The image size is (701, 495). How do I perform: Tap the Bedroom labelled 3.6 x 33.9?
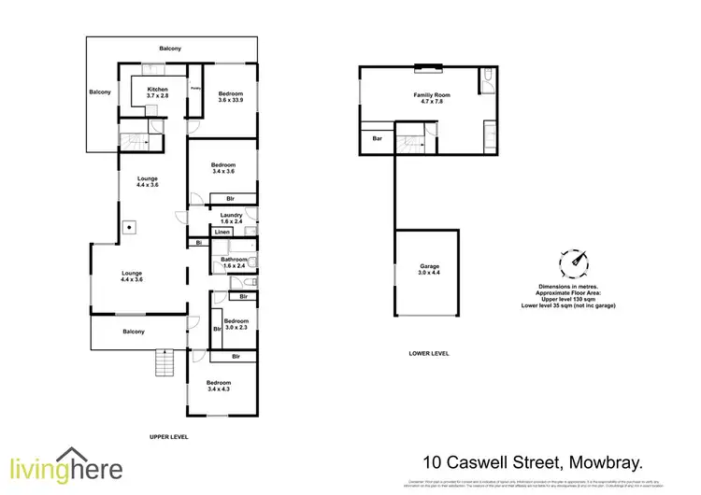pos(232,97)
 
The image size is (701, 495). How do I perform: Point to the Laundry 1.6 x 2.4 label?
pos(231,217)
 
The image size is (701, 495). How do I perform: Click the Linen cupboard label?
pos(222,232)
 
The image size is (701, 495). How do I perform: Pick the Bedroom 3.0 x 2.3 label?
pos(236,324)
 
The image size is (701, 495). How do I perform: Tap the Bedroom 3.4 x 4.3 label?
pos(218,386)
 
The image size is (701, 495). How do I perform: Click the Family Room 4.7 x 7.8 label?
pos(428,99)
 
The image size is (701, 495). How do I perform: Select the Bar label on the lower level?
pos(378,138)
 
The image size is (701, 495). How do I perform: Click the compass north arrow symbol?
pos(574,262)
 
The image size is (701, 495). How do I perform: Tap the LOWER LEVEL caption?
pos(429,354)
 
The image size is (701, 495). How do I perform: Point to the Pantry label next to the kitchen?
pos(196,89)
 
